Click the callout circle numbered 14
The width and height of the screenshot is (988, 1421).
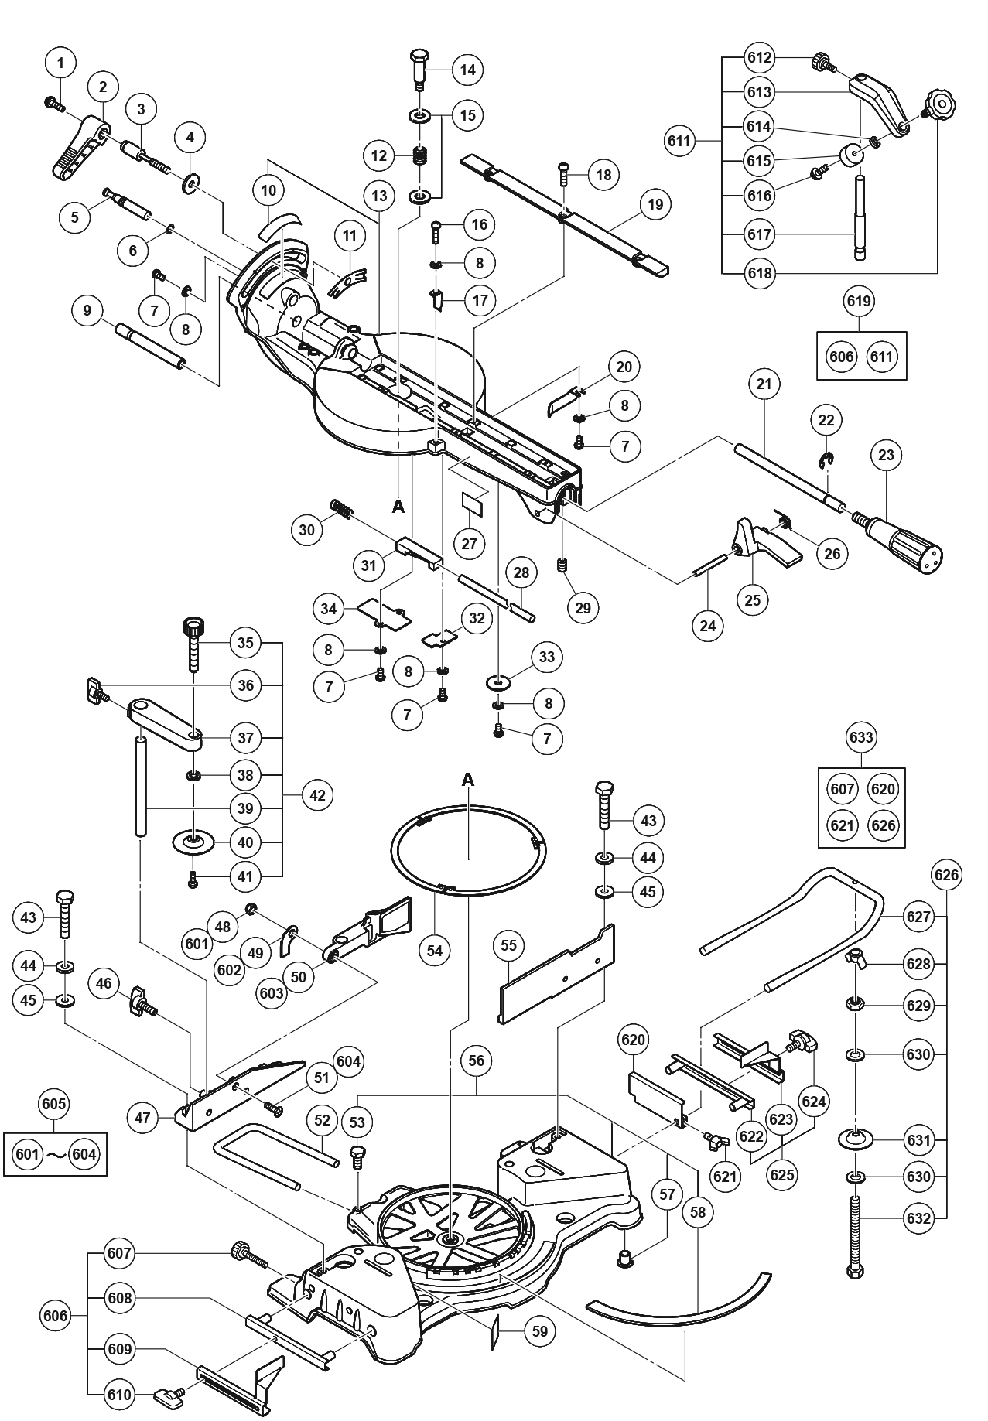pyautogui.click(x=467, y=70)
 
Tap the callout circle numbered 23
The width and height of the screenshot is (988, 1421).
pyautogui.click(x=886, y=455)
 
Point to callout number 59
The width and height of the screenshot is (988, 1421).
pyautogui.click(x=540, y=1331)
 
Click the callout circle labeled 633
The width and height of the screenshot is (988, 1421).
pyautogui.click(x=861, y=737)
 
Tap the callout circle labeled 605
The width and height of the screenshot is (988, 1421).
pyautogui.click(x=53, y=1104)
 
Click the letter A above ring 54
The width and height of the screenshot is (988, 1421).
pyautogui.click(x=467, y=781)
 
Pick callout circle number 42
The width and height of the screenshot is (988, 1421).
pyautogui.click(x=317, y=794)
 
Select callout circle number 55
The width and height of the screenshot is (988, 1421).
pyautogui.click(x=508, y=945)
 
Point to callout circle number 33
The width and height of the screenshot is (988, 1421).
pyautogui.click(x=547, y=657)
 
